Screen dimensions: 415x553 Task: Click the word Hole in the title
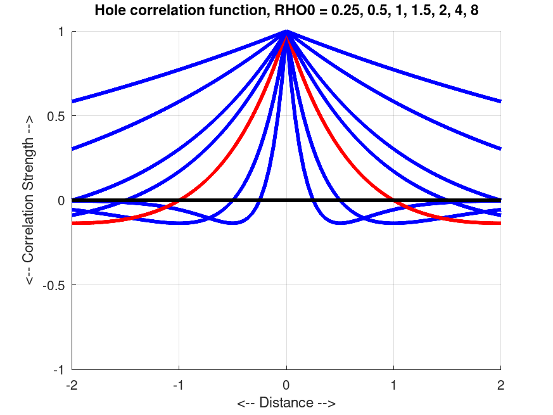point(108,10)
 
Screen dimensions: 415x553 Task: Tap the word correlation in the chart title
point(156,10)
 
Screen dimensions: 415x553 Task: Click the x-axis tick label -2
point(72,384)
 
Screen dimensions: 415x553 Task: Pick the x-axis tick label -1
point(179,384)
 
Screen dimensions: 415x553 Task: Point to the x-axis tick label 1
point(394,384)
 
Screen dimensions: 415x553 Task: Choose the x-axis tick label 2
point(501,384)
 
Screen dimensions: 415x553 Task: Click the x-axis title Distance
point(286,402)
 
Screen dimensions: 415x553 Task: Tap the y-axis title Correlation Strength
point(30,200)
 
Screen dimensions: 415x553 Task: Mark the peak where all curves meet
point(287,32)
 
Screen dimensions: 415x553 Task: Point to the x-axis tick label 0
point(287,384)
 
